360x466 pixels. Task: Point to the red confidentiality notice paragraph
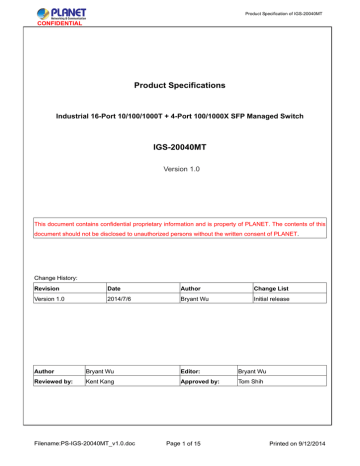[180, 230]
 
